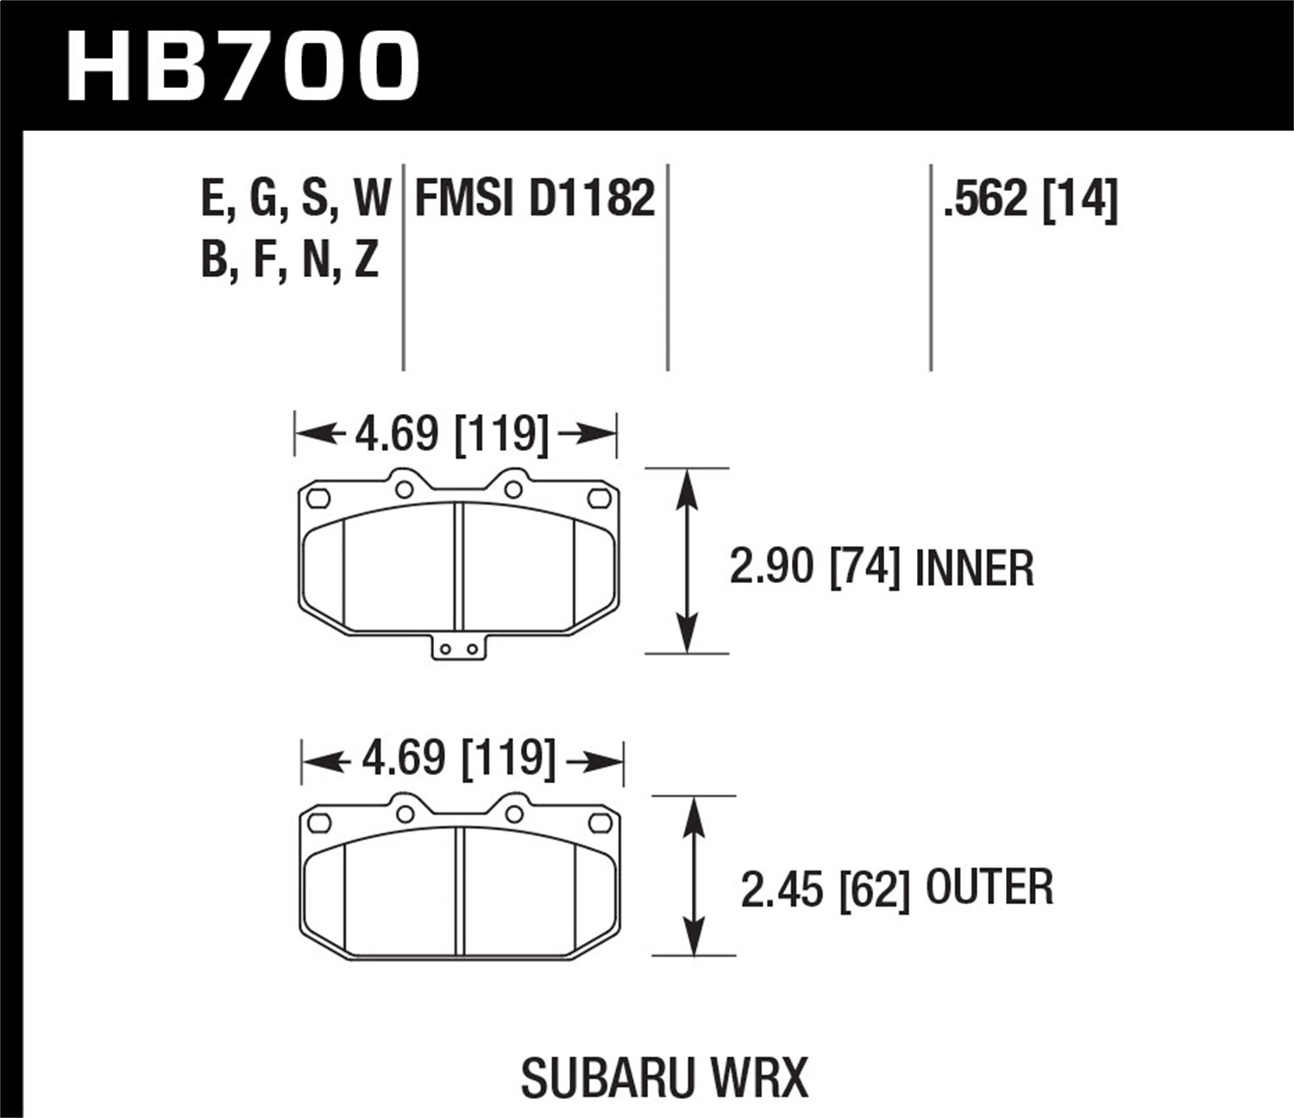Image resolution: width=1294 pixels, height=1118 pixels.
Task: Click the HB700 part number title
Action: [x=243, y=66]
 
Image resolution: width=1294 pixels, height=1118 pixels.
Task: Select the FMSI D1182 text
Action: [x=535, y=199]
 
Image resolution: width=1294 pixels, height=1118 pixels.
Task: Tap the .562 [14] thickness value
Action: [x=1030, y=199]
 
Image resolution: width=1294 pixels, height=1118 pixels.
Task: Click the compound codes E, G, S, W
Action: [x=296, y=199]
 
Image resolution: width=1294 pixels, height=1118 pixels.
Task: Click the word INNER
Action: [x=974, y=569]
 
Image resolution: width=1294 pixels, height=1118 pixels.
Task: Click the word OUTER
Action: [x=989, y=889]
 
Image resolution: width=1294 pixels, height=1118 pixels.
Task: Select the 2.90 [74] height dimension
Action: [x=816, y=569]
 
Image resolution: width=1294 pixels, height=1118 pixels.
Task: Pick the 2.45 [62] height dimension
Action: [x=826, y=889]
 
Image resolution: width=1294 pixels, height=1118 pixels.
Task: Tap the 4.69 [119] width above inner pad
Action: [x=452, y=433]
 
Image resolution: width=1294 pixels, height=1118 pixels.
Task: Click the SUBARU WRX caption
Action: [x=665, y=1077]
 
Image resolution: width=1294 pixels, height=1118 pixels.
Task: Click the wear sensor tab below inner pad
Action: [x=459, y=648]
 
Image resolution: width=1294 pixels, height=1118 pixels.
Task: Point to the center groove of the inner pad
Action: [x=459, y=566]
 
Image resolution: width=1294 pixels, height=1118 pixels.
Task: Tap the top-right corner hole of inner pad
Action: [x=597, y=498]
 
